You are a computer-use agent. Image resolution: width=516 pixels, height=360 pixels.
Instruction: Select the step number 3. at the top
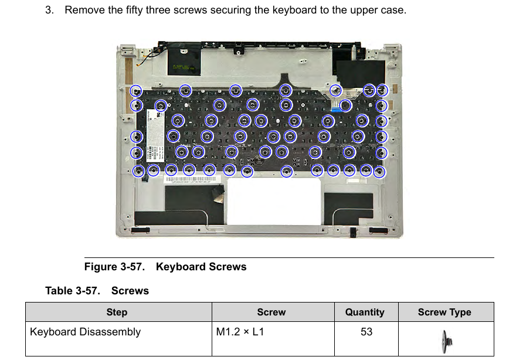tap(50, 10)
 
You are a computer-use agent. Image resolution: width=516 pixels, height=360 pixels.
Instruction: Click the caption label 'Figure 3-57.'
tap(114, 267)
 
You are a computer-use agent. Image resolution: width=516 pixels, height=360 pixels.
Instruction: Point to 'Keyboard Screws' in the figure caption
tap(201, 267)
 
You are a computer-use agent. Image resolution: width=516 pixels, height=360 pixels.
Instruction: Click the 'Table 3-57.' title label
tap(73, 291)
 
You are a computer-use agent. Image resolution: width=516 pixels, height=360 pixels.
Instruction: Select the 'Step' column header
tap(117, 313)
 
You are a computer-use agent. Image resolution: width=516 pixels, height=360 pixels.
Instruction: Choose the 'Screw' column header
tap(271, 313)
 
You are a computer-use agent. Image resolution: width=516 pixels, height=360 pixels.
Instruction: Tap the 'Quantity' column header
tap(365, 313)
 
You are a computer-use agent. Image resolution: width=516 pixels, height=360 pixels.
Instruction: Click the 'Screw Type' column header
tap(444, 313)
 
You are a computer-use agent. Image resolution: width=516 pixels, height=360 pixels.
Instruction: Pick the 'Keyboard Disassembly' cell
tap(85, 332)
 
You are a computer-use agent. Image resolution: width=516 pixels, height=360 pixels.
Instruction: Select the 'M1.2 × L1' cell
tap(240, 332)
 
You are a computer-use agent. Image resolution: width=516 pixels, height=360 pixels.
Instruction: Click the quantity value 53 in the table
tap(366, 332)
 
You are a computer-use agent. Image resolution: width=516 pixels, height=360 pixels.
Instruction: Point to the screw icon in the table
tap(447, 342)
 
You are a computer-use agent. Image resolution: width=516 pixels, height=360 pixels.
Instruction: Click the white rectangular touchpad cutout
tap(274, 201)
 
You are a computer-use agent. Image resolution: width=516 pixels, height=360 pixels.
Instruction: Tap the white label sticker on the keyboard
tap(155, 135)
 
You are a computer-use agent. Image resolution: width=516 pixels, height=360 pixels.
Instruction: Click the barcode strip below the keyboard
tap(191, 179)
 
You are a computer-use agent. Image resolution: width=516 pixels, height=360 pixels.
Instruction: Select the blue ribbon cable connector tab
tap(337, 109)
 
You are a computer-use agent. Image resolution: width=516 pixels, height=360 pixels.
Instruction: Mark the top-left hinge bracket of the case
tap(128, 50)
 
